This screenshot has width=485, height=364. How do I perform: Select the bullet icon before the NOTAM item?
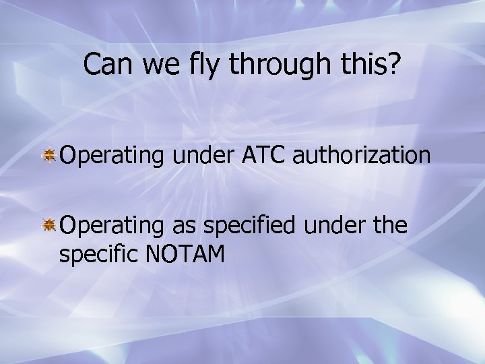(x=50, y=225)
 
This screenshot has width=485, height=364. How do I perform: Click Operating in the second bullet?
(x=112, y=225)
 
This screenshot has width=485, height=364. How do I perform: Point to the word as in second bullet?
(x=183, y=225)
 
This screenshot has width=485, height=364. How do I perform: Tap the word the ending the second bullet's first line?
(x=390, y=225)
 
